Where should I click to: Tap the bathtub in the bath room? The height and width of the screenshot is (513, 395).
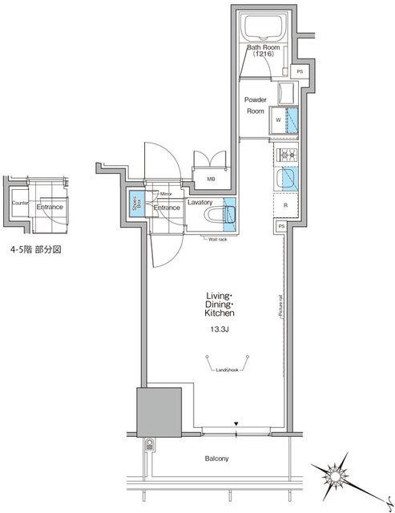(x=264, y=29)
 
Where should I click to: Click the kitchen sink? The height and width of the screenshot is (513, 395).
(x=286, y=178)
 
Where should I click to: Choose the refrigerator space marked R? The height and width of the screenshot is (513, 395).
(x=286, y=206)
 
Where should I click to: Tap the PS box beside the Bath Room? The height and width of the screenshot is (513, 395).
(x=300, y=72)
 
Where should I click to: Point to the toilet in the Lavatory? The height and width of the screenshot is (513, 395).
(x=220, y=215)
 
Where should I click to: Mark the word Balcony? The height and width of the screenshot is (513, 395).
(x=216, y=458)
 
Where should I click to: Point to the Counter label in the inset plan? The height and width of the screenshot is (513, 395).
(x=21, y=203)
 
